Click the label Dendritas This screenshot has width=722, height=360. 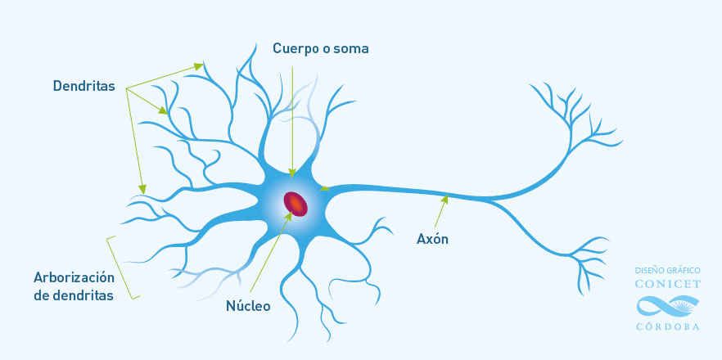click(83, 86)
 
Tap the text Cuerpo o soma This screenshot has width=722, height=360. click(321, 48)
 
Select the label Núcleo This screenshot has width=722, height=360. click(248, 306)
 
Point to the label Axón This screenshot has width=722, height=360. click(432, 239)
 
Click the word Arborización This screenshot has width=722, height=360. click(74, 277)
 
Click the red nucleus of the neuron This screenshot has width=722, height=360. click(296, 203)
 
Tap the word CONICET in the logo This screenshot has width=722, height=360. click(668, 284)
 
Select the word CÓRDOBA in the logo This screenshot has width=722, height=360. click(668, 326)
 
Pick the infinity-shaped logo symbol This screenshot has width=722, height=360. click(668, 306)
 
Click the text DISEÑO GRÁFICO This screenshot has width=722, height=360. click(668, 270)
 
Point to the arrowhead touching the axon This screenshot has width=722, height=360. click(444, 199)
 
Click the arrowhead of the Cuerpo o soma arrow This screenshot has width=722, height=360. click(292, 173)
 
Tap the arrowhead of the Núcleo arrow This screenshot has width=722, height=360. click(289, 215)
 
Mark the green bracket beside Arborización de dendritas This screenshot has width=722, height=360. click(124, 268)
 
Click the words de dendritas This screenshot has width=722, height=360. click(74, 295)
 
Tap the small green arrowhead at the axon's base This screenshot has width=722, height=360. click(325, 188)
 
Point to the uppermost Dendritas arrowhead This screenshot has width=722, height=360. click(199, 66)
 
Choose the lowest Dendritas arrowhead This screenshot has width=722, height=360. click(142, 189)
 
